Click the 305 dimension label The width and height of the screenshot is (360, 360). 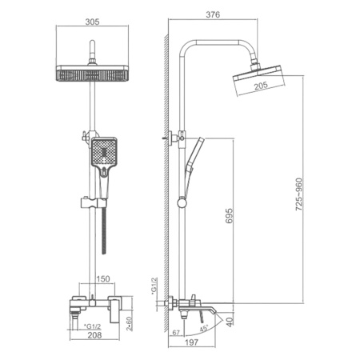pos(92,22)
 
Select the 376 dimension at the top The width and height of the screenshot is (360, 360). pos(213,14)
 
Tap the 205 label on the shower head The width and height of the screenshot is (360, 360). pos(261,86)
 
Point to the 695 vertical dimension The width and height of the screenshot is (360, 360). pos(229,216)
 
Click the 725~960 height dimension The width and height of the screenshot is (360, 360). pos(299,194)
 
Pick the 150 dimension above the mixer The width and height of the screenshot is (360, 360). pos(103,279)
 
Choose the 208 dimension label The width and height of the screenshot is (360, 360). pos(94,335)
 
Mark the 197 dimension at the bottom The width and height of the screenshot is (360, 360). pos(191,342)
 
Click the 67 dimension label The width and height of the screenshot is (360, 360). pos(176,333)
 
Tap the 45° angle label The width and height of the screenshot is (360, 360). pos(204,328)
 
